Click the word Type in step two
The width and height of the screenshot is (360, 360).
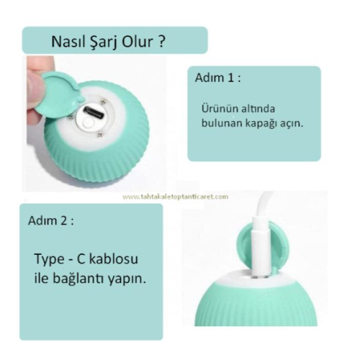tap(51, 258)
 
